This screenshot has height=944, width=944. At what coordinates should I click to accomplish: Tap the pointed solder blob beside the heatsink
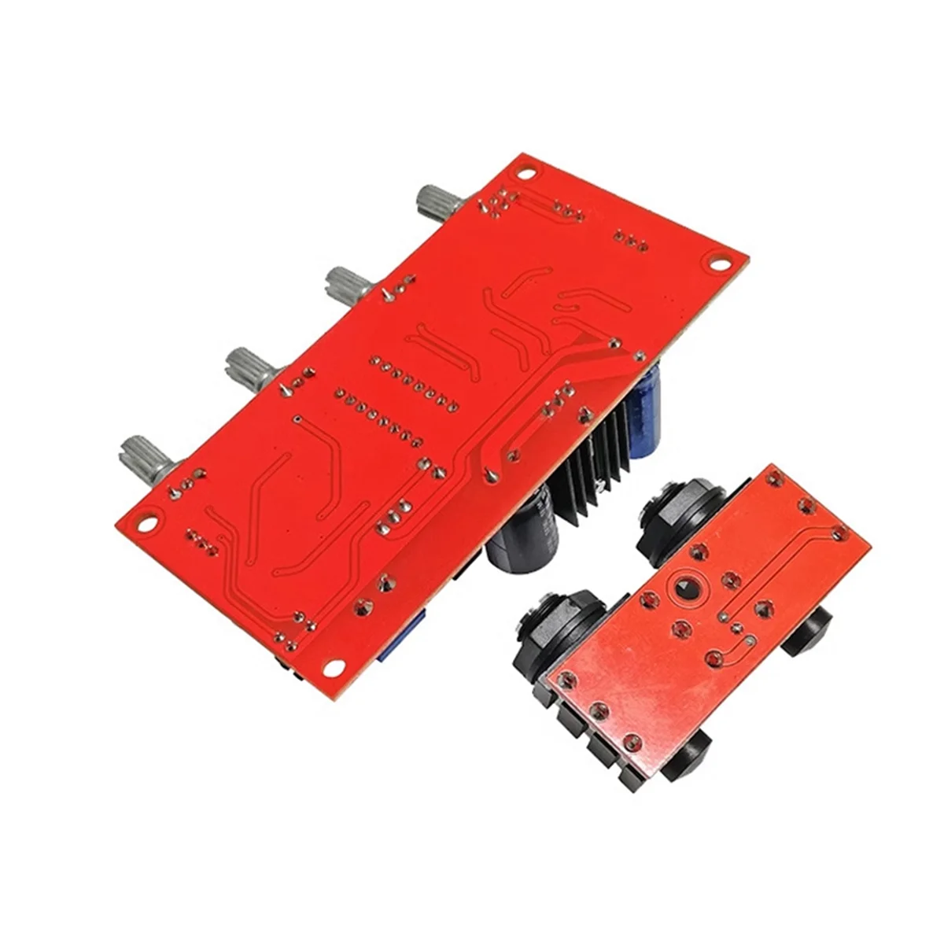(489, 474)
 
